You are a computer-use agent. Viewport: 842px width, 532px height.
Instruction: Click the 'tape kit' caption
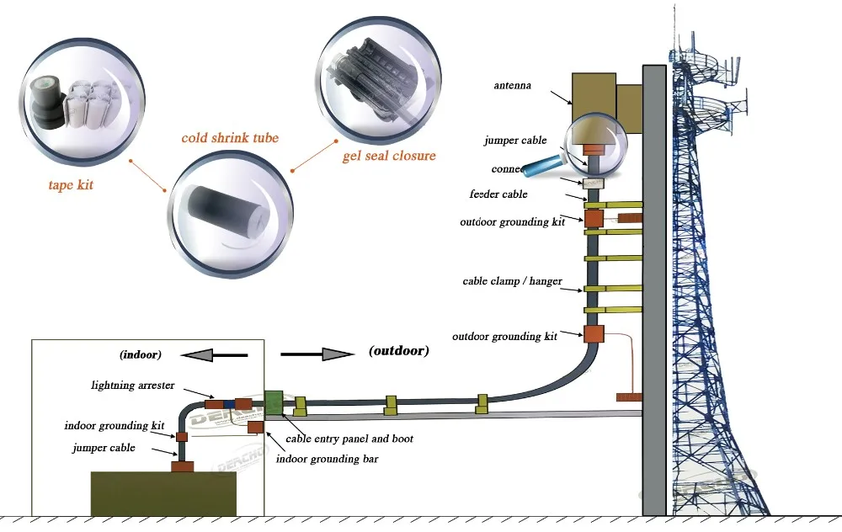pos(71,185)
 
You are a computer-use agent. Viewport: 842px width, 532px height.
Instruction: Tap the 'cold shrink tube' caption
pos(230,138)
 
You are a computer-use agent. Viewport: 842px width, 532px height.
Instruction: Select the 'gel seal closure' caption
pos(389,156)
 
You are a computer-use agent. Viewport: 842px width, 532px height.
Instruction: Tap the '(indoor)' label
pos(141,354)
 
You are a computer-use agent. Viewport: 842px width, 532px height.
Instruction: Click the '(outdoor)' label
pos(398,351)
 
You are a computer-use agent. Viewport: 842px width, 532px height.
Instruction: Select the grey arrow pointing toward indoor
pos(215,356)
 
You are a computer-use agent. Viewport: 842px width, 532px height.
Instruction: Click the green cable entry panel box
pos(273,402)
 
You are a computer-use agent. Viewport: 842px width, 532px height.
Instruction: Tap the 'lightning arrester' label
pos(134,386)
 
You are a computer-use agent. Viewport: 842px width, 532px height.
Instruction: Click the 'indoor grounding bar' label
pos(328,459)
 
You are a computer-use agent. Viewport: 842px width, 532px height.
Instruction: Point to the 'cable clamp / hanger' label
pos(512,281)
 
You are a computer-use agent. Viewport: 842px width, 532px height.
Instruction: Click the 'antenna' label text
pos(513,85)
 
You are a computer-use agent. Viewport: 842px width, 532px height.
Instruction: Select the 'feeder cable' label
pos(498,194)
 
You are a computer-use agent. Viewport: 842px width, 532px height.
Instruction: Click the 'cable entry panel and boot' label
pos(349,439)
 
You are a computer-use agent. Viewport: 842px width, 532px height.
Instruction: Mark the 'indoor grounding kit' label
pos(114,426)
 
